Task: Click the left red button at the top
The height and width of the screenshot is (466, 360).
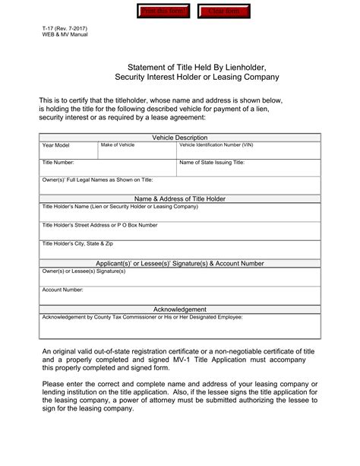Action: click(163, 11)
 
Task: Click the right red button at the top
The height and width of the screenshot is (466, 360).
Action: click(225, 11)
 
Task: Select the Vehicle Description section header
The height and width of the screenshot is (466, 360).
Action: click(180, 138)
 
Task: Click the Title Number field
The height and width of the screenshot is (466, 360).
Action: click(106, 168)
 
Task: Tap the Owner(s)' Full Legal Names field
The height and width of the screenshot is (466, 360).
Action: click(180, 185)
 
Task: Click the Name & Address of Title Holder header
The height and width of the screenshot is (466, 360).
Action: click(180, 198)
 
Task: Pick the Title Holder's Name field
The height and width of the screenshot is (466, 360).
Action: click(180, 213)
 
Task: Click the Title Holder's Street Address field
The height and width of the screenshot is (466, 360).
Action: click(180, 231)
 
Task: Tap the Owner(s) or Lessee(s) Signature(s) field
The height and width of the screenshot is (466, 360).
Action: click(180, 277)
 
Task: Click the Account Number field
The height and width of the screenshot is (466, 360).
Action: click(180, 296)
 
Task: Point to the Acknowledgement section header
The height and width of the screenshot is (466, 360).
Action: click(180, 309)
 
